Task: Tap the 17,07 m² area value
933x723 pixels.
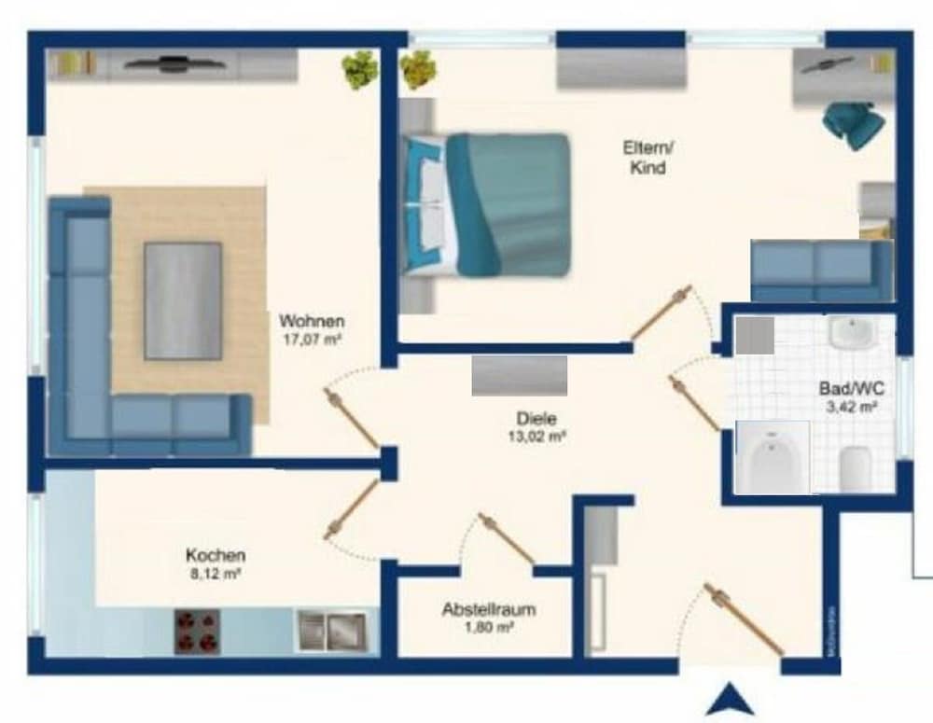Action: coord(312,341)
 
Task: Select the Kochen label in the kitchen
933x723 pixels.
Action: coord(216,555)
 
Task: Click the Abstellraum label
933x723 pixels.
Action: coord(489,610)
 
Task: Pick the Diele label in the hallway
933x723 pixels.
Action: coord(536,419)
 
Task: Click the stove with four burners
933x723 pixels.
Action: coord(197,632)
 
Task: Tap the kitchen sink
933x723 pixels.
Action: coord(331,632)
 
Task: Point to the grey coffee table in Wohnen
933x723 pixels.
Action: coord(183,300)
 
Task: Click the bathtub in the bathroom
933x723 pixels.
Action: coord(773,457)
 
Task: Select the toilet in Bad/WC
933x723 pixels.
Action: coord(856,469)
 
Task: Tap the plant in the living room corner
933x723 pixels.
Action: coord(359,69)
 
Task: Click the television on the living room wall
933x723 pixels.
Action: coord(173,63)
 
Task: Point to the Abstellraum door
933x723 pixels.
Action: coord(506,539)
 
